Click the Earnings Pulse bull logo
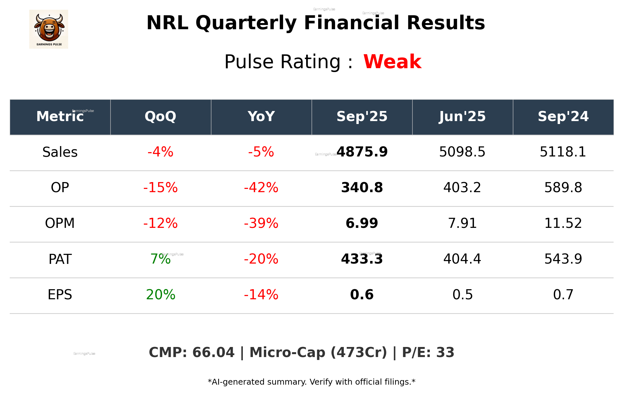click(x=49, y=29)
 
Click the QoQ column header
click(x=160, y=117)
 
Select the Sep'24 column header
click(x=563, y=117)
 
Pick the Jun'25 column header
click(x=462, y=117)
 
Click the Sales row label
click(x=60, y=152)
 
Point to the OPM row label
click(x=60, y=223)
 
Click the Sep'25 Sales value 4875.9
click(x=362, y=152)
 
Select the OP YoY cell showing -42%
click(x=261, y=188)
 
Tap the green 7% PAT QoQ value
click(x=160, y=259)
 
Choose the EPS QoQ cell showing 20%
click(x=160, y=295)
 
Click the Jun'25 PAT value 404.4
click(x=462, y=259)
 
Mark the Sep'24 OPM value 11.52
click(x=563, y=223)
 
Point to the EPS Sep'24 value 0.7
click(x=563, y=295)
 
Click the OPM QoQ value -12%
click(x=160, y=223)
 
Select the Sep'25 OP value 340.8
click(x=362, y=188)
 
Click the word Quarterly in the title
click(x=246, y=23)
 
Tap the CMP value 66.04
click(x=213, y=353)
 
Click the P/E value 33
click(x=445, y=353)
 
